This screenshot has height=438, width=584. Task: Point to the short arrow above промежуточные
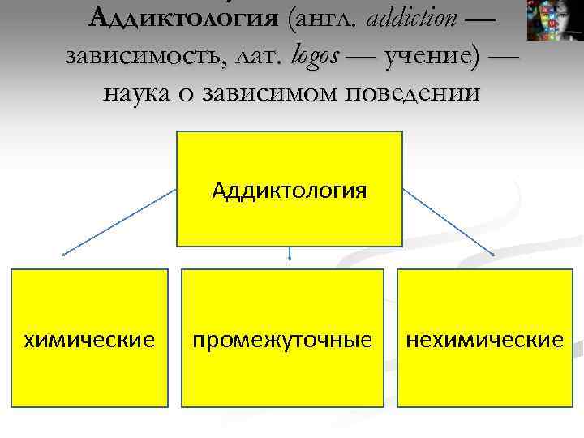point(290,254)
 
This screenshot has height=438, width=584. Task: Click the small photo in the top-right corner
point(555,20)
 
